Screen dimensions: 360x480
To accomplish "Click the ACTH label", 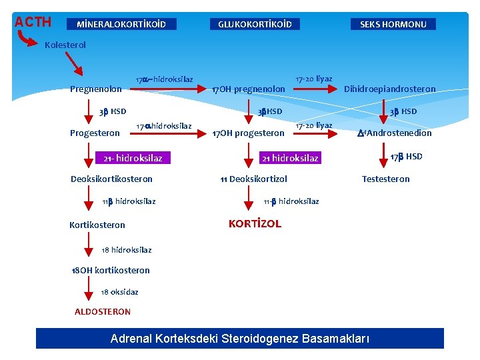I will (x=33, y=22).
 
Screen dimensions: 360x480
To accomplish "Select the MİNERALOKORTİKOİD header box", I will (x=121, y=25).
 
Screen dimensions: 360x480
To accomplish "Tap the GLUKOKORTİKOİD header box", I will (x=255, y=25).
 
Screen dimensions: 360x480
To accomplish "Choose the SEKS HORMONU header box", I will (x=393, y=25).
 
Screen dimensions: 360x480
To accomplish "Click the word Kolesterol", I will (x=65, y=45).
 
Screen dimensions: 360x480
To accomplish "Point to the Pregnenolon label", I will (x=96, y=89).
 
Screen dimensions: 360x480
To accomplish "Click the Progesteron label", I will (x=95, y=133).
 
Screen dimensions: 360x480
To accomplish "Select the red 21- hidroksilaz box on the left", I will (x=133, y=158).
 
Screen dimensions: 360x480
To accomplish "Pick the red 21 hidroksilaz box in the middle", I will (x=290, y=158).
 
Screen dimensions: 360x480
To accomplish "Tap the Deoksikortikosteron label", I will (x=111, y=179).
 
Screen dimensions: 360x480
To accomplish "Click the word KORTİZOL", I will (x=255, y=224).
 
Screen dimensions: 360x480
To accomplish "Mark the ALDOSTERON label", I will (x=103, y=311).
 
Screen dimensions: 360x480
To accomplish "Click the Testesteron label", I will (x=385, y=179).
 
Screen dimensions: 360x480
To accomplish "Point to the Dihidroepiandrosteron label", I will (x=389, y=89).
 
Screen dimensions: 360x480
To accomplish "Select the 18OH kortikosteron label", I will (x=111, y=270).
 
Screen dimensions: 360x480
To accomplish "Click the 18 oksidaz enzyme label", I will (x=119, y=292).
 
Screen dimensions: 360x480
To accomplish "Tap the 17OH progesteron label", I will (x=248, y=133).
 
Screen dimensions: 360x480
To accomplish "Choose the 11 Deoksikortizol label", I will (x=254, y=179).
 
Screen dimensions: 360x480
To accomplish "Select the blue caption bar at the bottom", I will (x=240, y=339).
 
